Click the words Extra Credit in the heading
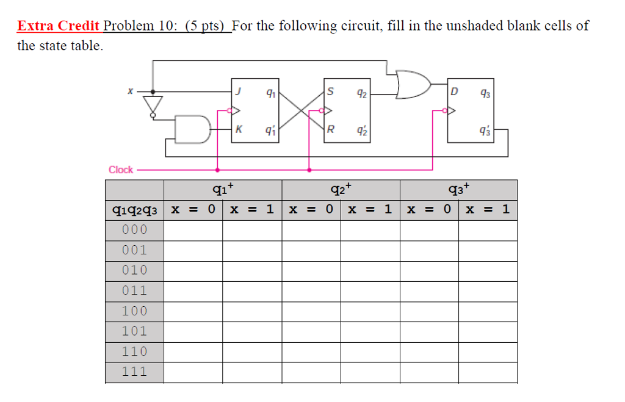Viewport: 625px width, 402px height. pos(59,26)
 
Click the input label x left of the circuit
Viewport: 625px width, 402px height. pos(129,92)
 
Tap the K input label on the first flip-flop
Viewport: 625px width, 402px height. pos(239,129)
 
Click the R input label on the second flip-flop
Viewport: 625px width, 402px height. pos(330,129)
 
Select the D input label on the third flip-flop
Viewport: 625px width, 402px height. pos(453,92)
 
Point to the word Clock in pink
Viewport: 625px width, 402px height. pos(121,170)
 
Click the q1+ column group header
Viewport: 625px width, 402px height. pos(223,189)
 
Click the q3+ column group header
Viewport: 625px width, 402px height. pos(458,189)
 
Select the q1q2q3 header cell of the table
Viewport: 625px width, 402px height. pos(134,210)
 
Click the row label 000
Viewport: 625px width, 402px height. pos(134,229)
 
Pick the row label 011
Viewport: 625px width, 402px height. pos(134,290)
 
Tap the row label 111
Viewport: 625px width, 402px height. pos(134,371)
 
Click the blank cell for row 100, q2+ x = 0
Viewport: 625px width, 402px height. pos(311,310)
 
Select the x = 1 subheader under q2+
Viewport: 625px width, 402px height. pos(370,210)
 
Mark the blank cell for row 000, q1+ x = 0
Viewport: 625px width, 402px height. pos(193,229)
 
